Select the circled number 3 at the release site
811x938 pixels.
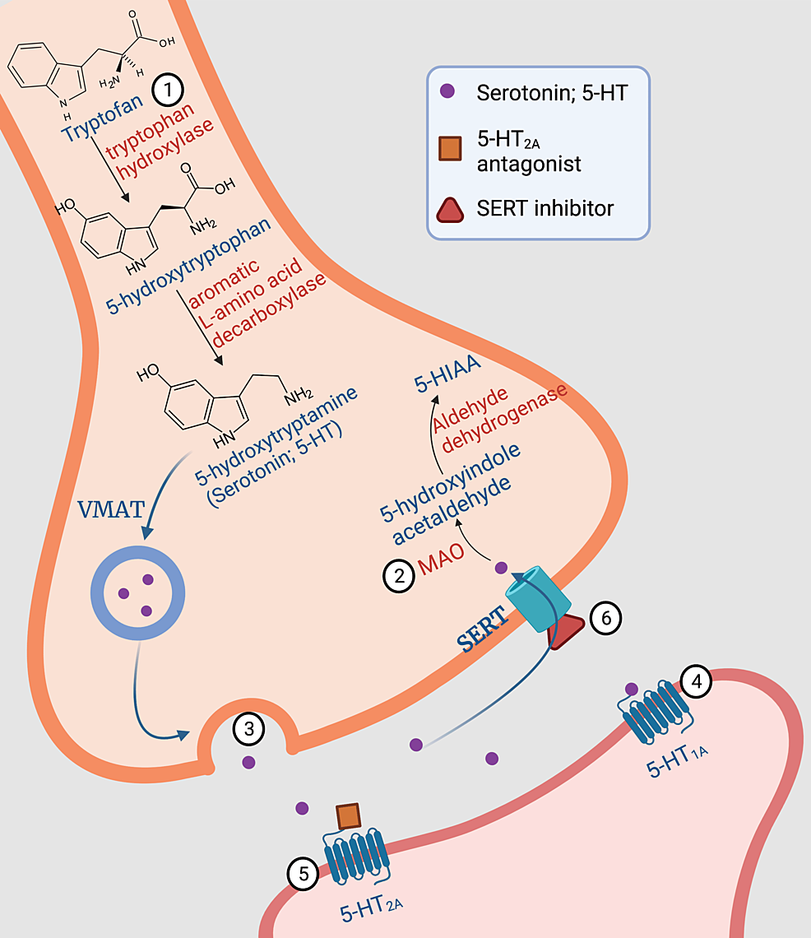coord(248,727)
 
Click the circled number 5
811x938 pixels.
coord(304,874)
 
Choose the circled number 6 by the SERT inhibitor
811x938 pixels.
coord(605,617)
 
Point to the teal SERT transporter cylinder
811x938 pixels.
coord(534,598)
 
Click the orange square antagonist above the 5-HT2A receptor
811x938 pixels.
coord(348,816)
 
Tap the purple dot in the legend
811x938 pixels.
coord(446,92)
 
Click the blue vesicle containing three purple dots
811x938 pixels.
coord(135,590)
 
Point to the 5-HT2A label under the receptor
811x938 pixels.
coord(371,907)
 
